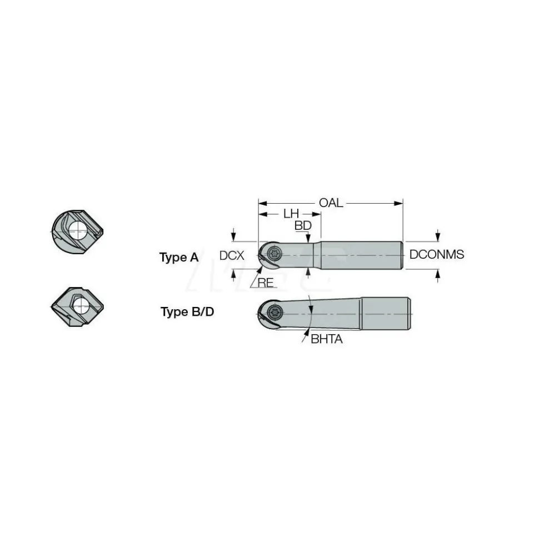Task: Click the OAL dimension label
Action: pos(331,203)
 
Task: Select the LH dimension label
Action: pos(291,214)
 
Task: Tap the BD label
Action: pos(303,225)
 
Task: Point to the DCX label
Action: pos(232,255)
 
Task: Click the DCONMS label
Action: pos(436,254)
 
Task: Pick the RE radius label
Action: pos(266,283)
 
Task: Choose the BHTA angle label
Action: pos(326,339)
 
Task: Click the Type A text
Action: pos(179,257)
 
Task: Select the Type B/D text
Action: pos(187,312)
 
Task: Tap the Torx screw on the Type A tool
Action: pos(275,254)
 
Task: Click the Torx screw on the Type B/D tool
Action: pos(276,313)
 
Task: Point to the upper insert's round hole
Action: pos(78,230)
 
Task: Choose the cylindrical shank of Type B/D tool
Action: pos(386,314)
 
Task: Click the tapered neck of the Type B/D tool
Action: pos(322,314)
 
